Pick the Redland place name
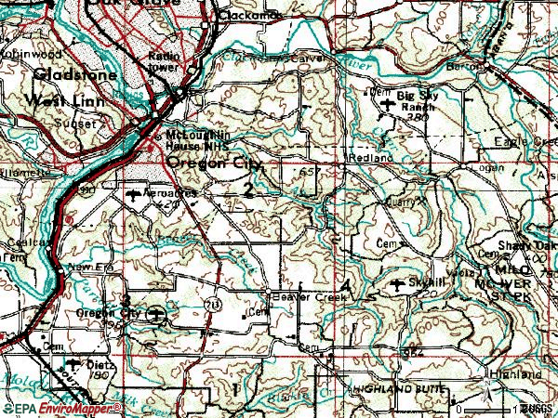(365, 159)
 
